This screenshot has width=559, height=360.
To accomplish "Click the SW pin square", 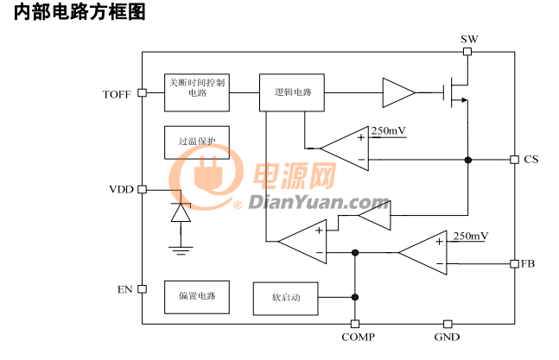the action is point(467,52).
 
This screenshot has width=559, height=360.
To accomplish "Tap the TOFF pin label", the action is point(117,94).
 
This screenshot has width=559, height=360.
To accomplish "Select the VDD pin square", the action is point(142,189).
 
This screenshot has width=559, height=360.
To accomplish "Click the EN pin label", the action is point(124,289).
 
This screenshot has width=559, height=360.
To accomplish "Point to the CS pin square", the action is point(514,160).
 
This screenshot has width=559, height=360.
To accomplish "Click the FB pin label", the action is point(528,263).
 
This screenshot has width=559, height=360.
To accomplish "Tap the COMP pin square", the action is point(355,324).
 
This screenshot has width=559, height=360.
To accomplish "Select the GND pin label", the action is point(447,337).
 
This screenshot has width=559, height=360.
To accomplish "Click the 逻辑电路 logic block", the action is point(292,92).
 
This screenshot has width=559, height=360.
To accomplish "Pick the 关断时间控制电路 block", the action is point(197,92).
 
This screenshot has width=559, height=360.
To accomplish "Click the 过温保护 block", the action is point(197,142).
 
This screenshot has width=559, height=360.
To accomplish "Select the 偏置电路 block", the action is point(197,297).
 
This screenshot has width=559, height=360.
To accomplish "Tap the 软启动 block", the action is point(286,299).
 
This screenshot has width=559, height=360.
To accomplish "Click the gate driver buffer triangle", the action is point(397,92).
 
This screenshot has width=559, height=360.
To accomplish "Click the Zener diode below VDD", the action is point(181,212).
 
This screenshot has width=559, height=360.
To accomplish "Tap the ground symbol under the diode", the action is point(181,250).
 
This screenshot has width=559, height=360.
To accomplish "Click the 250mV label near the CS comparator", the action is point(388,131).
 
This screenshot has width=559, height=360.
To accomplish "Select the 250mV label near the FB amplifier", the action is point(471,236).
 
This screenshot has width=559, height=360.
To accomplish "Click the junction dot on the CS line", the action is point(467,160).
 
